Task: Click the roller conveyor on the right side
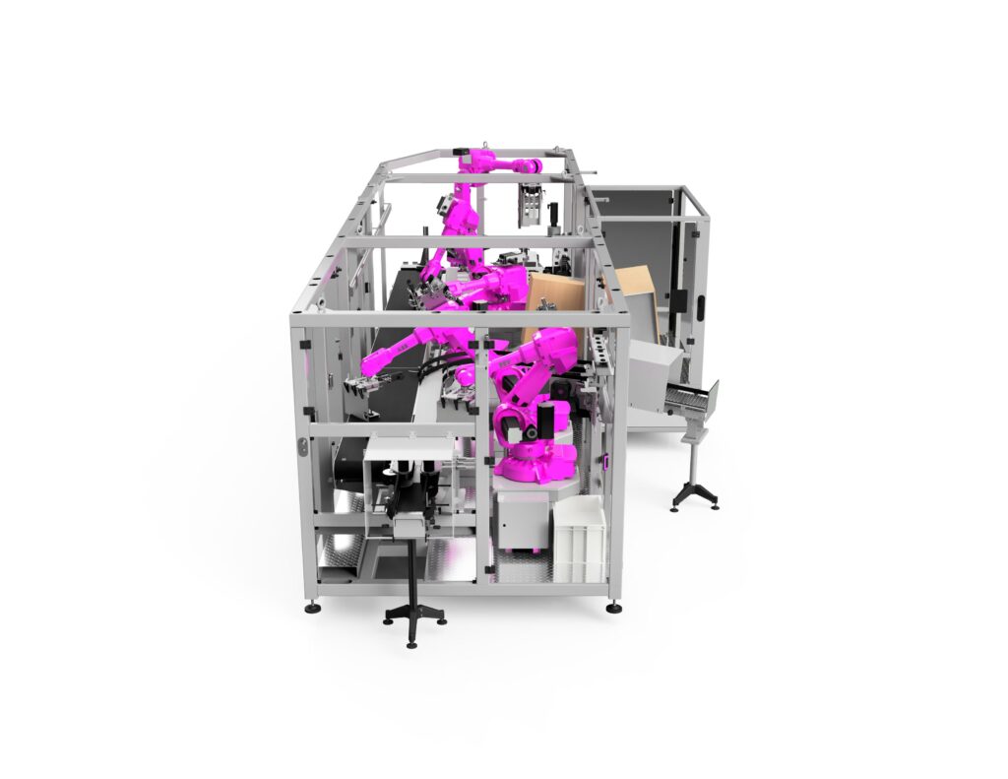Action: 689,398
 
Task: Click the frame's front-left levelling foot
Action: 312,606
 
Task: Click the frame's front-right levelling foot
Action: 614,607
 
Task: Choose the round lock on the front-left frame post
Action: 304,448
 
